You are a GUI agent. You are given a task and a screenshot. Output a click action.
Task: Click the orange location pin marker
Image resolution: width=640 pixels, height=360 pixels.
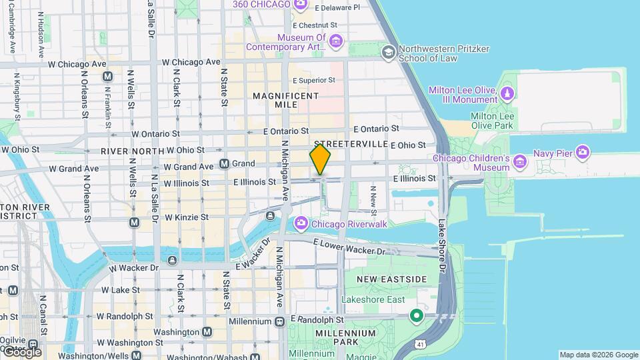coord(320,159)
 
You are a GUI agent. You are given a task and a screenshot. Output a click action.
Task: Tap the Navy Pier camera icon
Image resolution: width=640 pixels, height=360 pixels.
coord(583,153)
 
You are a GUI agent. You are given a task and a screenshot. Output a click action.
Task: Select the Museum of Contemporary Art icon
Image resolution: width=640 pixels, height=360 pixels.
coord(336,42)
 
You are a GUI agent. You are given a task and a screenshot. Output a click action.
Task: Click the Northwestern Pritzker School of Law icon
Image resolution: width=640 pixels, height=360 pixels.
coord(388,52)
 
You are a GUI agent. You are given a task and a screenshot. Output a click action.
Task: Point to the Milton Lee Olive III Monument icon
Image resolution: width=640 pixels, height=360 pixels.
coord(508,92)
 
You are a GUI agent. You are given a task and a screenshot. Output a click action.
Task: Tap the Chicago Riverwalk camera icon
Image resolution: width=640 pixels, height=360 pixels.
coord(301,223)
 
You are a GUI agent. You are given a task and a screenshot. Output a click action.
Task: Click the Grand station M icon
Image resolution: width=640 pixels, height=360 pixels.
coord(225,163)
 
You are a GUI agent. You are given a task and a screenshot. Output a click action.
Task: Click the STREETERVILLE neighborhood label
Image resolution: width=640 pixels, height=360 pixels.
coord(351,144)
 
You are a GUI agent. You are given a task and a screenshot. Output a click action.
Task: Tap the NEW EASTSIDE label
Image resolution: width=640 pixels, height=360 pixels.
coord(391,279)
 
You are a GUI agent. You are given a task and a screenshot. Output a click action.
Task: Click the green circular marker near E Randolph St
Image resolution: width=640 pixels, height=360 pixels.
coord(417,315)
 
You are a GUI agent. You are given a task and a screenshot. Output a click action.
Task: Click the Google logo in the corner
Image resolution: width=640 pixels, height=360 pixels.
coord(21,351)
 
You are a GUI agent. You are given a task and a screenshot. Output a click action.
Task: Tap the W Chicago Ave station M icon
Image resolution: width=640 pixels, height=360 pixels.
coord(107,77)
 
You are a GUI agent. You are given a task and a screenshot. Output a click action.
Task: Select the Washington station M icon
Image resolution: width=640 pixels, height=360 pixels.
coord(207,331)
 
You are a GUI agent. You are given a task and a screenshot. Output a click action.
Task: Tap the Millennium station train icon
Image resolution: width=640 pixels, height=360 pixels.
coord(279,321)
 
